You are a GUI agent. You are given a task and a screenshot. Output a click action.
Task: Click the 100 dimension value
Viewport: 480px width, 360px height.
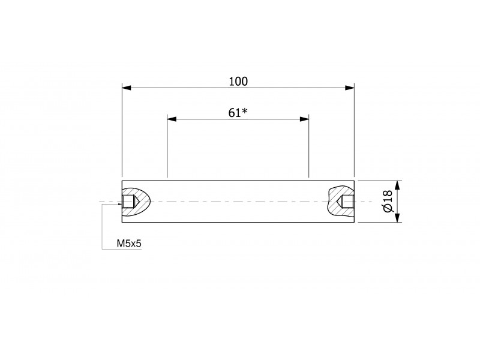tap(238, 82)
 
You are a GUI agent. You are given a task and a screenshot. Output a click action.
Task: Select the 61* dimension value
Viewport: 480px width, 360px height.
tap(238, 113)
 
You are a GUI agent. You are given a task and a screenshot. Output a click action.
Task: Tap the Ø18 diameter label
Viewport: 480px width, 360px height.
tap(388, 201)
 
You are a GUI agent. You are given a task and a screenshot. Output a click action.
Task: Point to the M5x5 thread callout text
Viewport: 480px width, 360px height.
tap(129, 244)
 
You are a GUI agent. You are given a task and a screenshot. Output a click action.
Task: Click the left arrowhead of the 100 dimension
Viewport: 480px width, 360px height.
tap(127, 88)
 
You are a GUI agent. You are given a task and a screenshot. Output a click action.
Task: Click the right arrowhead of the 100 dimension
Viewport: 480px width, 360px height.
tap(350, 88)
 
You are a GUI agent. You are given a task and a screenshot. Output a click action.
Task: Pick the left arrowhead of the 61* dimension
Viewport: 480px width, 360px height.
tap(172, 119)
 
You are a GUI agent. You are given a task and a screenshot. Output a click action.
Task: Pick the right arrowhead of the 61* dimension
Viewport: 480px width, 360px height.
tap(304, 119)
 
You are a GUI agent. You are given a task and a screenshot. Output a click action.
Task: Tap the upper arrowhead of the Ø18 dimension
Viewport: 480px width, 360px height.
tap(397, 185)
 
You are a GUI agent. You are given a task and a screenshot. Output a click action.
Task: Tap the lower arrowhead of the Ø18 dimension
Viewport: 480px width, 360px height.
tap(397, 217)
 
